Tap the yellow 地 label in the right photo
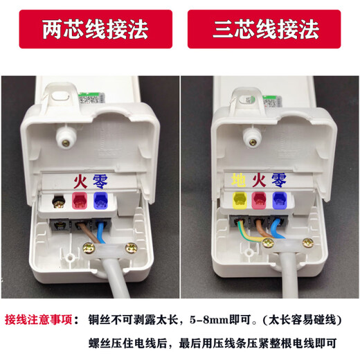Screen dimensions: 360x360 239,182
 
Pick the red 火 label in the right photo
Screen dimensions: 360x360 259,182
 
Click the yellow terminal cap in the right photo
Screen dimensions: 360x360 240,201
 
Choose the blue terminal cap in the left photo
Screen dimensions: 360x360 100,201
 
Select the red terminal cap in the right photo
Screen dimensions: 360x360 260,201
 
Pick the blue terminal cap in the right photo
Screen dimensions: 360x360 280,201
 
